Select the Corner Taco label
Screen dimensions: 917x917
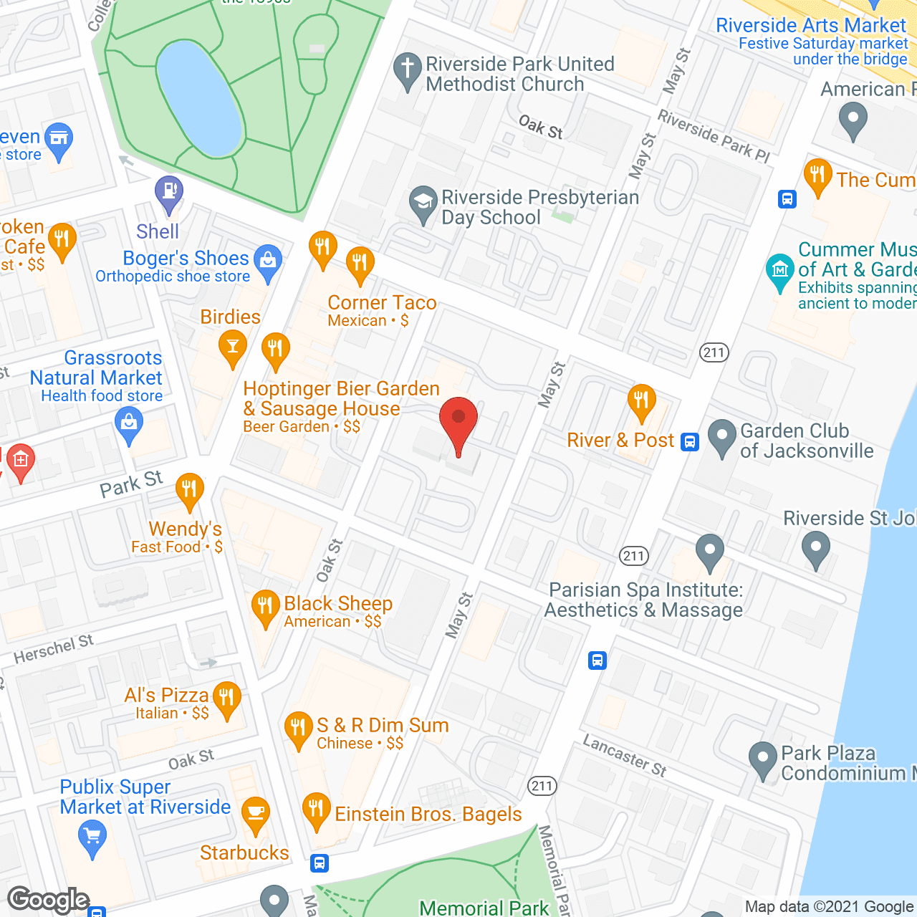(382, 303)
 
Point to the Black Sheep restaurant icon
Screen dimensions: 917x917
(265, 608)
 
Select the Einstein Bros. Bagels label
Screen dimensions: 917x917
(428, 815)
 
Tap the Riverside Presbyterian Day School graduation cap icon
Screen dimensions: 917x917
(423, 203)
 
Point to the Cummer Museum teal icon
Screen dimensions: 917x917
(779, 272)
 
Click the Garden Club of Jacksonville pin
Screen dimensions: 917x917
(721, 437)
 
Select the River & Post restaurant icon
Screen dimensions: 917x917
(641, 403)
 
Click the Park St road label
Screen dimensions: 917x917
(131, 485)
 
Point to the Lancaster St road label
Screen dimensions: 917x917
(625, 756)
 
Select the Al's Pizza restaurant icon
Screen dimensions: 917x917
(227, 698)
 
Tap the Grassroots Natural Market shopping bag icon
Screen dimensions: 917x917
(129, 425)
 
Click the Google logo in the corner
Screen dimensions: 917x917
(49, 900)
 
